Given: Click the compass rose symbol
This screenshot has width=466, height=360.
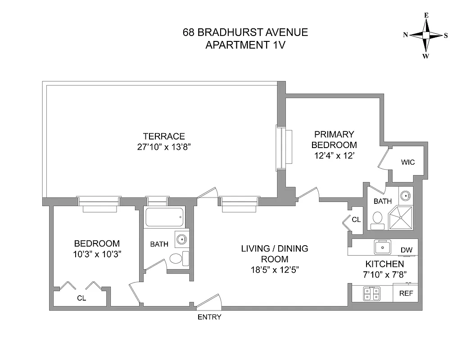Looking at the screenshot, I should [x=425, y=36].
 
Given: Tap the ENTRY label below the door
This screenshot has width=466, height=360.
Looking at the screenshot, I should [x=209, y=317].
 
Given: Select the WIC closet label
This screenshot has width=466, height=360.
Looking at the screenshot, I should [x=407, y=162].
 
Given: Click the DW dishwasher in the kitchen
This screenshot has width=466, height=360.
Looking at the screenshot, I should [x=406, y=250].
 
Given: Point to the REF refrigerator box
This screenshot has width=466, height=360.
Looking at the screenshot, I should [x=406, y=293].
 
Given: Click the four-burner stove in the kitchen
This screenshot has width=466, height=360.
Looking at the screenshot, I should [x=372, y=294].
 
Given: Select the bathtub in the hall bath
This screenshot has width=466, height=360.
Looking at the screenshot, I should [x=164, y=218].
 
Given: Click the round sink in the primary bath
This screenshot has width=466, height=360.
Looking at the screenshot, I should [x=406, y=196].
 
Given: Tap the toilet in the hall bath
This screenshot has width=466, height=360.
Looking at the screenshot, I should [x=176, y=258].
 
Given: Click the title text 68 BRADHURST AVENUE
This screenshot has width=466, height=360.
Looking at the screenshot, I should [x=245, y=32].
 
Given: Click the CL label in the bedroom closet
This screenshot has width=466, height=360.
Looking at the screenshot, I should [x=81, y=298].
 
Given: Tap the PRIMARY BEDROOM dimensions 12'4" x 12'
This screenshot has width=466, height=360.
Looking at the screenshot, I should [x=335, y=156].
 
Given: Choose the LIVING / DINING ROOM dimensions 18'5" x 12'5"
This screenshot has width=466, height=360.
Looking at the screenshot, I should [x=274, y=270].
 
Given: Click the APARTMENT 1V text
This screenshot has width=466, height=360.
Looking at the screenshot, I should [x=245, y=45].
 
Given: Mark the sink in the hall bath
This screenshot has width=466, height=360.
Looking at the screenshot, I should [x=181, y=238].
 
